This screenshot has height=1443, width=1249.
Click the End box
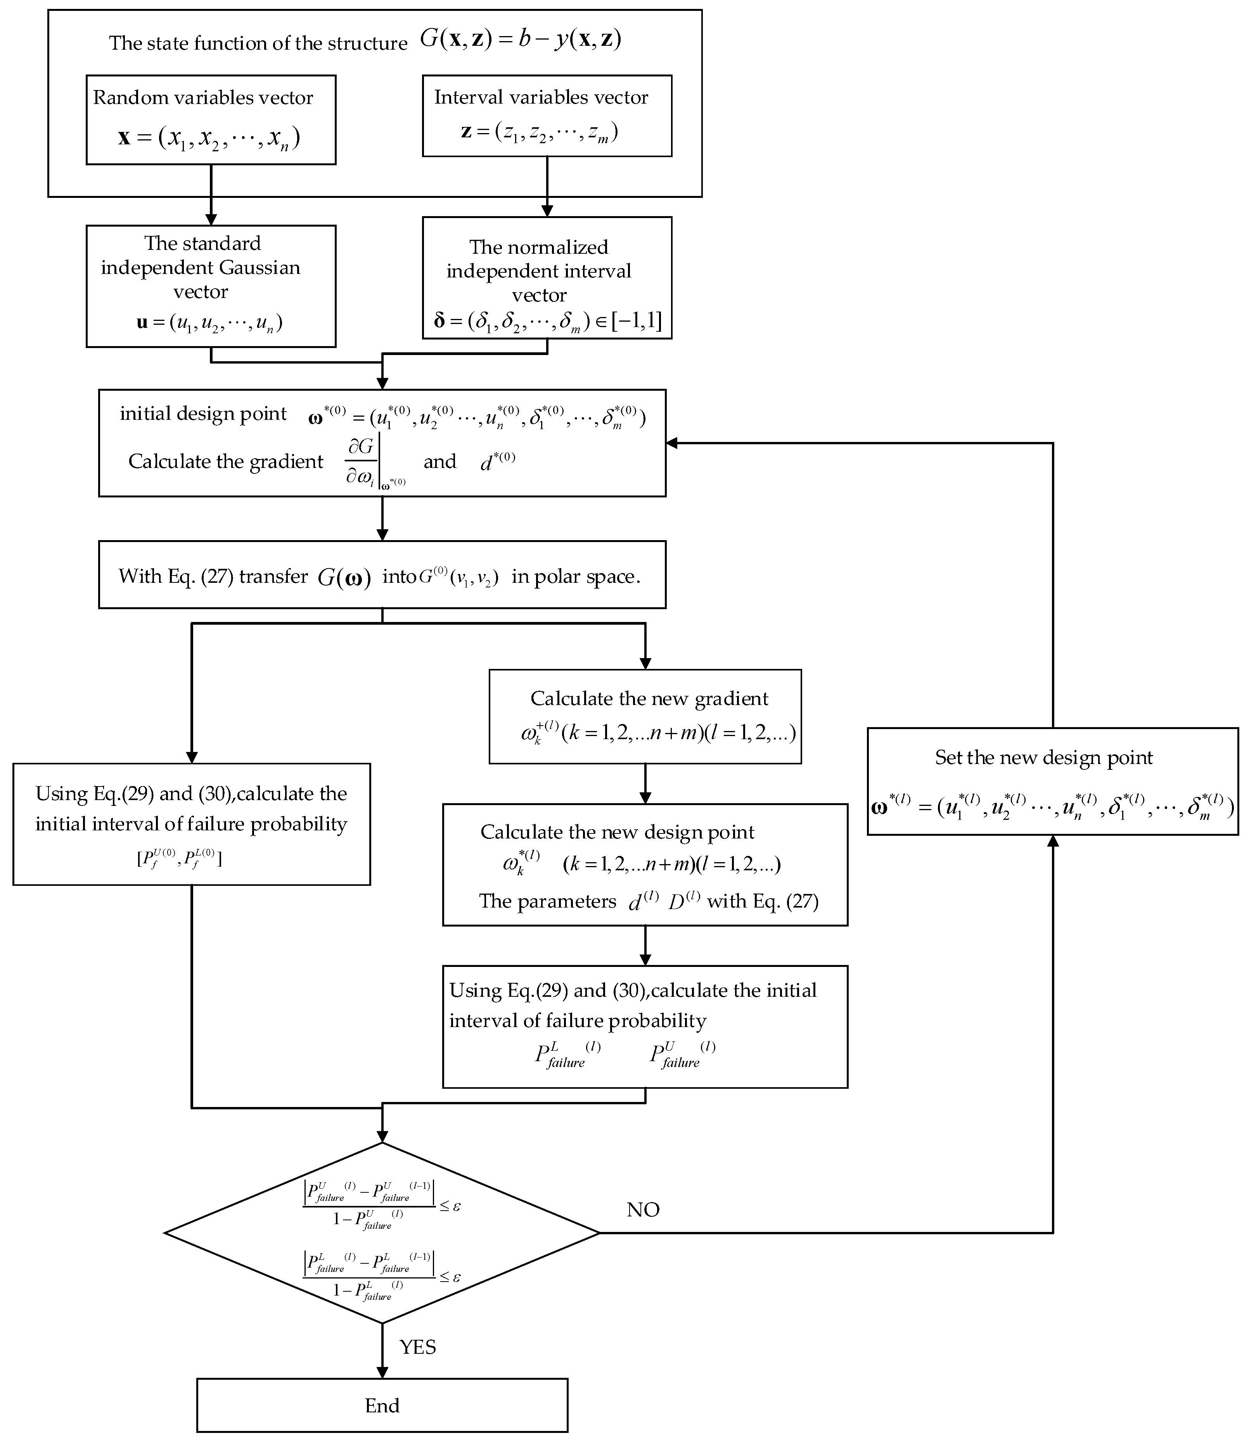[382, 1405]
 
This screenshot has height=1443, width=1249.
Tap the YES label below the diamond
[417, 1347]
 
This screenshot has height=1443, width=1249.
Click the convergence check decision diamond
[382, 1232]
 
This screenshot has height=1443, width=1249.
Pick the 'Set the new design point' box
[1052, 781]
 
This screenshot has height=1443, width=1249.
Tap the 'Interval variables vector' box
[547, 115]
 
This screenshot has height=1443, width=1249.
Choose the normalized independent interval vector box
[547, 277]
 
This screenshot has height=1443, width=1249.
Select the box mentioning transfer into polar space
[382, 574]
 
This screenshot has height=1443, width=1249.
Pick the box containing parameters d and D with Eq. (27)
[645, 864]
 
